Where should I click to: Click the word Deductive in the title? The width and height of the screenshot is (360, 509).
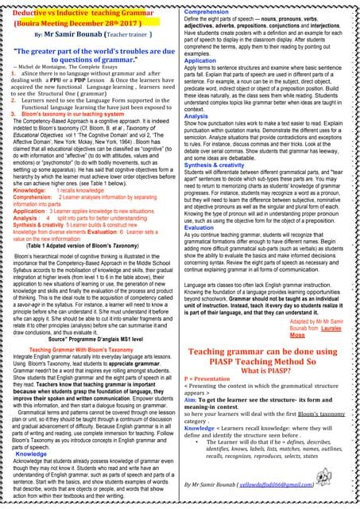[x=31, y=15]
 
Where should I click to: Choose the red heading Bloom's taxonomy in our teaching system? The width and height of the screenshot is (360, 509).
[x=72, y=115]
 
